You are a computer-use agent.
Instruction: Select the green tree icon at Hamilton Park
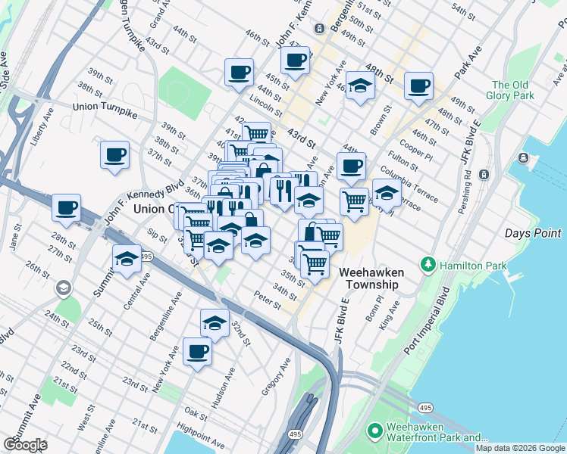pyautogui.click(x=429, y=264)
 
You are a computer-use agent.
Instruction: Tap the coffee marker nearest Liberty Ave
pyautogui.click(x=114, y=155)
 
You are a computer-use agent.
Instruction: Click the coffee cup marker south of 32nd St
pyautogui.click(x=197, y=351)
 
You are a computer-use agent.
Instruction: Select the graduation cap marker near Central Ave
pyautogui.click(x=127, y=260)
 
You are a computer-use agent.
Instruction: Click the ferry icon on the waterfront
pyautogui.click(x=523, y=157)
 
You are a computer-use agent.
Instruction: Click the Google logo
pyautogui.click(x=24, y=444)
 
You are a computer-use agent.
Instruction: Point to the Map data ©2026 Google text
pyautogui.click(x=519, y=448)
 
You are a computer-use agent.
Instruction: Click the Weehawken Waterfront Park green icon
pyautogui.click(x=374, y=431)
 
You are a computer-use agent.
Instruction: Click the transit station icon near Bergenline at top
pyautogui.click(x=320, y=28)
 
